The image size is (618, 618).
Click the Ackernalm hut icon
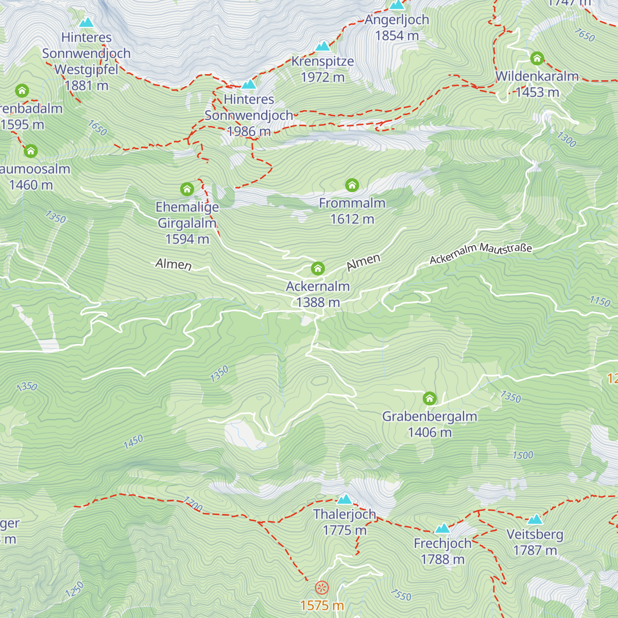pos(318,268)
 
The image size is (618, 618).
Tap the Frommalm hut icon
pos(352,185)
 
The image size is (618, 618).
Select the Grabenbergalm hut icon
pos(430,398)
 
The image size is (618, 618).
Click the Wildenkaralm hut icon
pos(537,58)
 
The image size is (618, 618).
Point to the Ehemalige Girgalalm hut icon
pos(187,189)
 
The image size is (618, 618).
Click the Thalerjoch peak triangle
pos(345,499)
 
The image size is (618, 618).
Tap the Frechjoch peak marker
pos(442,528)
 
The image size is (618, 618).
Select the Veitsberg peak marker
pos(535,519)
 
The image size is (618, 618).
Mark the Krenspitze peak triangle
pos(322,46)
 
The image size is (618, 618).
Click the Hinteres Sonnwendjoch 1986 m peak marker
pos(249,84)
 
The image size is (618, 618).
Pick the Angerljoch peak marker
pos(397,5)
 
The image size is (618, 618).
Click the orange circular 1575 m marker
pos(322,588)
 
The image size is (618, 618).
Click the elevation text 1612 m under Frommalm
pos(352,219)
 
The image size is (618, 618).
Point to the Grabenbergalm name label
pos(430,416)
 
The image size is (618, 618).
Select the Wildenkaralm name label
pos(537,76)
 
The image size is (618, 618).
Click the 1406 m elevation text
pos(430,432)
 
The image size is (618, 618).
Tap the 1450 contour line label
pos(133,441)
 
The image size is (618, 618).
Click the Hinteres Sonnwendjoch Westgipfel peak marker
pos(86,23)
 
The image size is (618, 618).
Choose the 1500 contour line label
pos(523,455)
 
